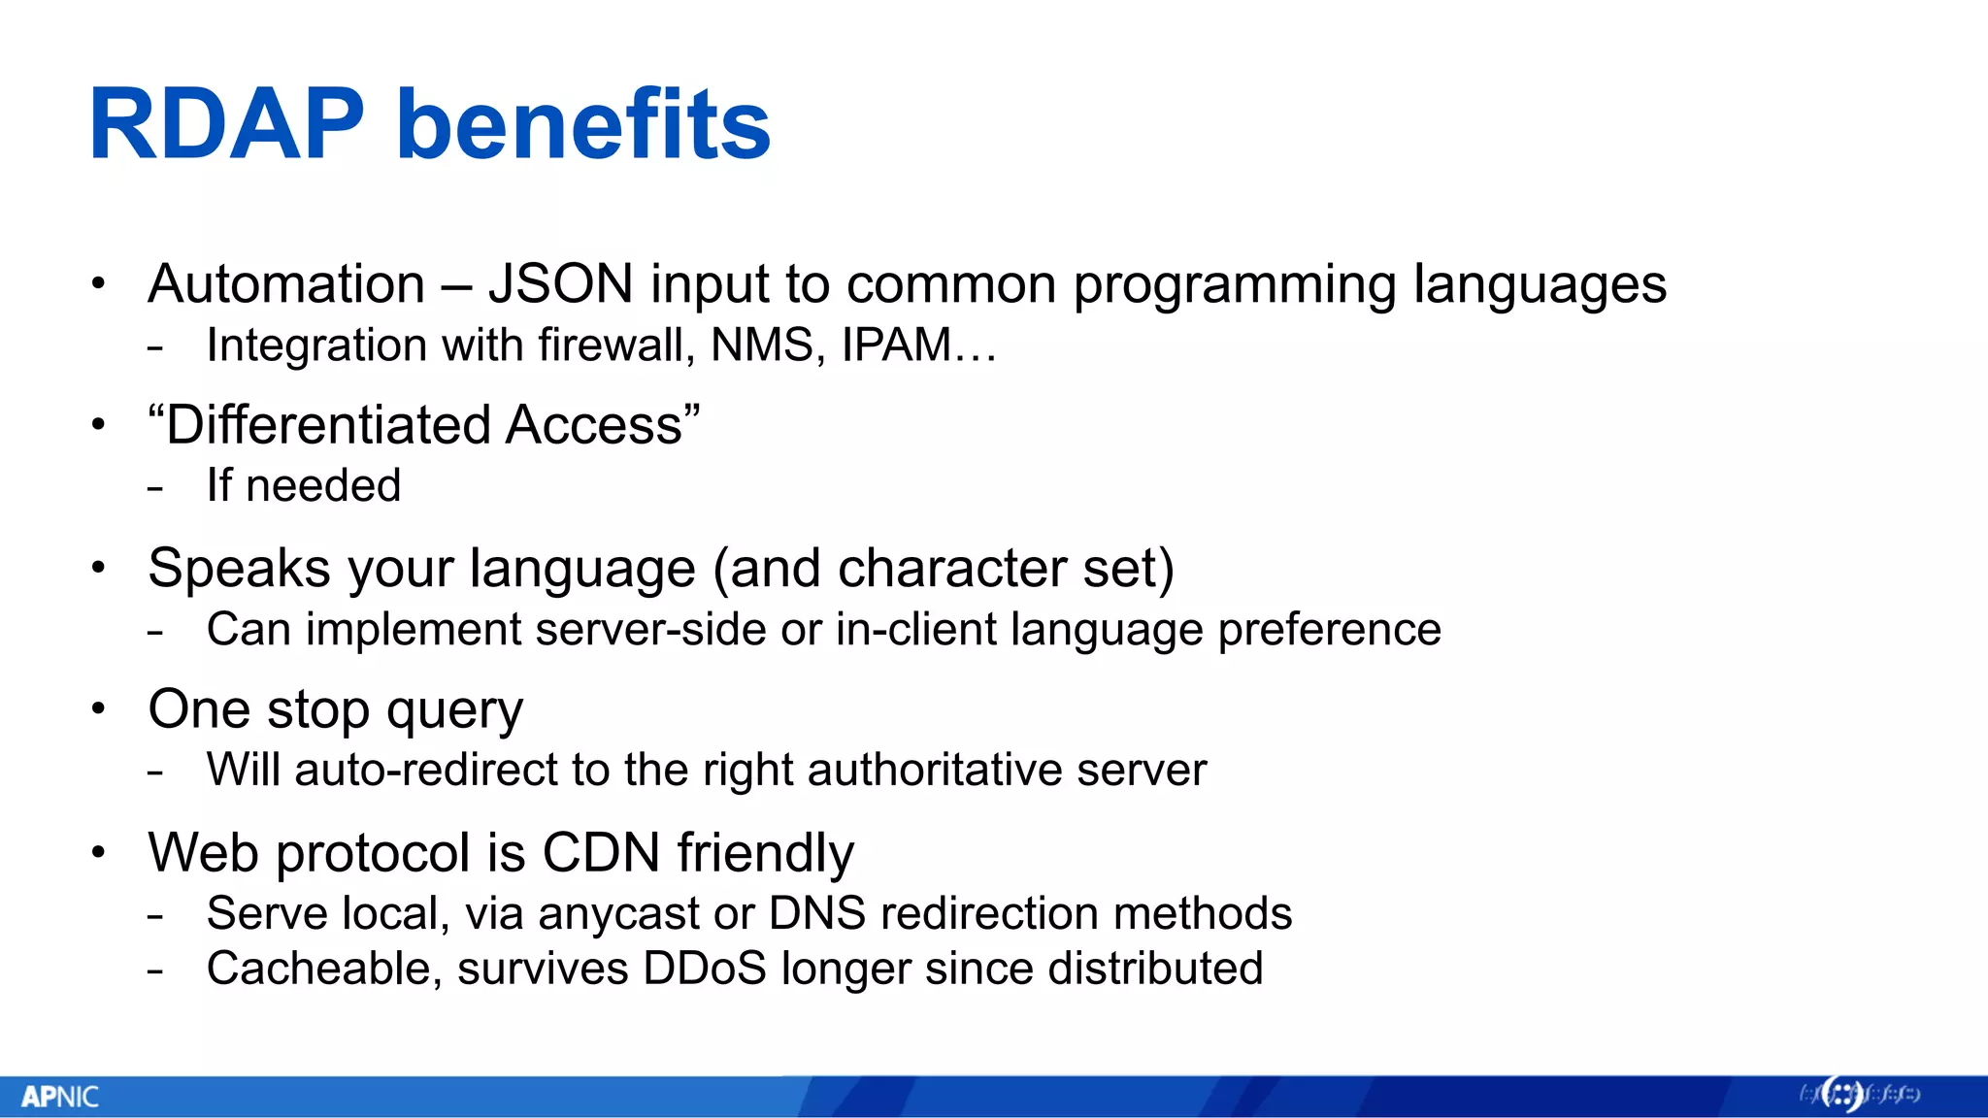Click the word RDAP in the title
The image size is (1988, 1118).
(226, 124)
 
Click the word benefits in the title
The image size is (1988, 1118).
(583, 124)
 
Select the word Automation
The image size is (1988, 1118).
(286, 284)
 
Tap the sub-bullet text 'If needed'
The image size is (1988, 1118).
(303, 485)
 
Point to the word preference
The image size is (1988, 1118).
(1329, 630)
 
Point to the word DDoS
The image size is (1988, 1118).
(705, 969)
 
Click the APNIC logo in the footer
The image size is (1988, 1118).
(60, 1097)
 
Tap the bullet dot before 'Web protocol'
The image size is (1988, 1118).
(98, 852)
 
